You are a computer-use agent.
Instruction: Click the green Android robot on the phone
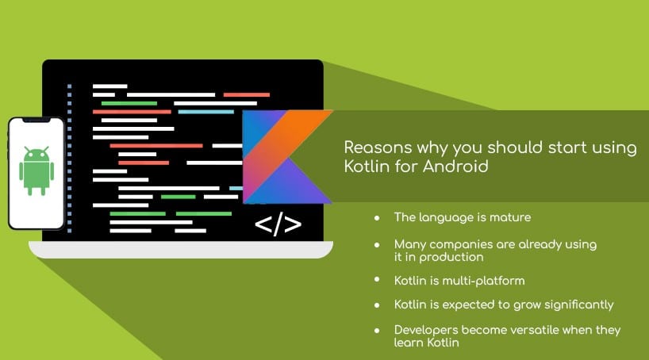(36, 170)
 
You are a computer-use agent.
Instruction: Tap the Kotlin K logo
(287, 157)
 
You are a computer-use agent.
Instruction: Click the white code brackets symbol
(278, 224)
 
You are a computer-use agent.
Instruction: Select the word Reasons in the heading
(378, 147)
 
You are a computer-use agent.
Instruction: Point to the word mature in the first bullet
(510, 217)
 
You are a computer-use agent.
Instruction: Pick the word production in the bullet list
(451, 258)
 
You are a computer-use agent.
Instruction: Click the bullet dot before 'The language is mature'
(377, 217)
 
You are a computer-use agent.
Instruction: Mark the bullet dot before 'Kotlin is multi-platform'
(377, 280)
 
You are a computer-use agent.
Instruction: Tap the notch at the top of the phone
(36, 120)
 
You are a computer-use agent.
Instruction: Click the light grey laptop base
(181, 250)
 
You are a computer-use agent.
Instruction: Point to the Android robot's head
(36, 154)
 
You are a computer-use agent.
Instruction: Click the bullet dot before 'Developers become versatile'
(377, 331)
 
